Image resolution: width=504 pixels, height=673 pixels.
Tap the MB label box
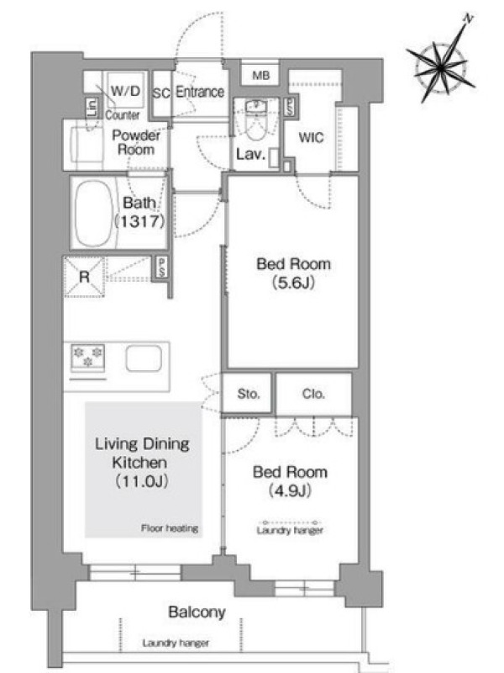coord(260,76)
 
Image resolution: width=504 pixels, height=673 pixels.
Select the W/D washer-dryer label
coord(125,91)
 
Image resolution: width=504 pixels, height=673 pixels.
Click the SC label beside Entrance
coord(161,93)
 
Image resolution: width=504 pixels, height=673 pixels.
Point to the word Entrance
coord(200,92)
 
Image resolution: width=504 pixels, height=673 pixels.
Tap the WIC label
coord(311,138)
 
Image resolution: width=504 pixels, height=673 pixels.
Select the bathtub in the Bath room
coord(94,214)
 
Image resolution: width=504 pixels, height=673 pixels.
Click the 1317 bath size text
coord(140,221)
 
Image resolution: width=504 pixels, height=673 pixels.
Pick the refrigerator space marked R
coord(84,277)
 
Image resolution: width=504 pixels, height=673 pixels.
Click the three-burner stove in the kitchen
coord(88,357)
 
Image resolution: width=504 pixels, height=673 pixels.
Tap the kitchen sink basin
coord(144,358)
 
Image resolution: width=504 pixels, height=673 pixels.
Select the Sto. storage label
coord(248,394)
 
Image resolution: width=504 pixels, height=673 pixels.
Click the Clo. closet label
coord(313,394)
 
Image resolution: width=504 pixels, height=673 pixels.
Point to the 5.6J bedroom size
coord(293,283)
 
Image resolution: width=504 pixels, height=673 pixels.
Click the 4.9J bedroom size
coord(290,490)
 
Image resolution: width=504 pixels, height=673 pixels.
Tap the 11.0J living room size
coord(142,481)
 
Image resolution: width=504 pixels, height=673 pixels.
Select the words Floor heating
coord(170,528)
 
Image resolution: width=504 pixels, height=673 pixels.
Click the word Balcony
coord(197,612)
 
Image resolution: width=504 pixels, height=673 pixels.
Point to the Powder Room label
coord(136,142)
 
